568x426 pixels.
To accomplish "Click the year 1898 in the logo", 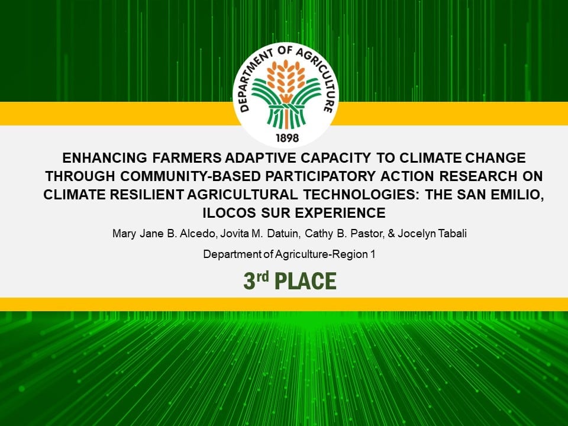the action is point(288,138).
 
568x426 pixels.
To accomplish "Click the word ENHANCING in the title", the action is point(105,158).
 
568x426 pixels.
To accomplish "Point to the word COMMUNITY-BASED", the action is point(191,176).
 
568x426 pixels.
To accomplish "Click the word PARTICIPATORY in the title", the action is point(320,176).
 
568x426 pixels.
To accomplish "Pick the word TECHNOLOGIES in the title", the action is point(362,195).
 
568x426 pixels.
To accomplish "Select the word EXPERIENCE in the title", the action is point(341,212).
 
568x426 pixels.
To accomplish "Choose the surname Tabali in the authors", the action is point(452,234).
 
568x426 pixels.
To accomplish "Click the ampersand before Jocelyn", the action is point(391,234).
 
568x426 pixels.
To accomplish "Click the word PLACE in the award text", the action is point(305,282).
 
